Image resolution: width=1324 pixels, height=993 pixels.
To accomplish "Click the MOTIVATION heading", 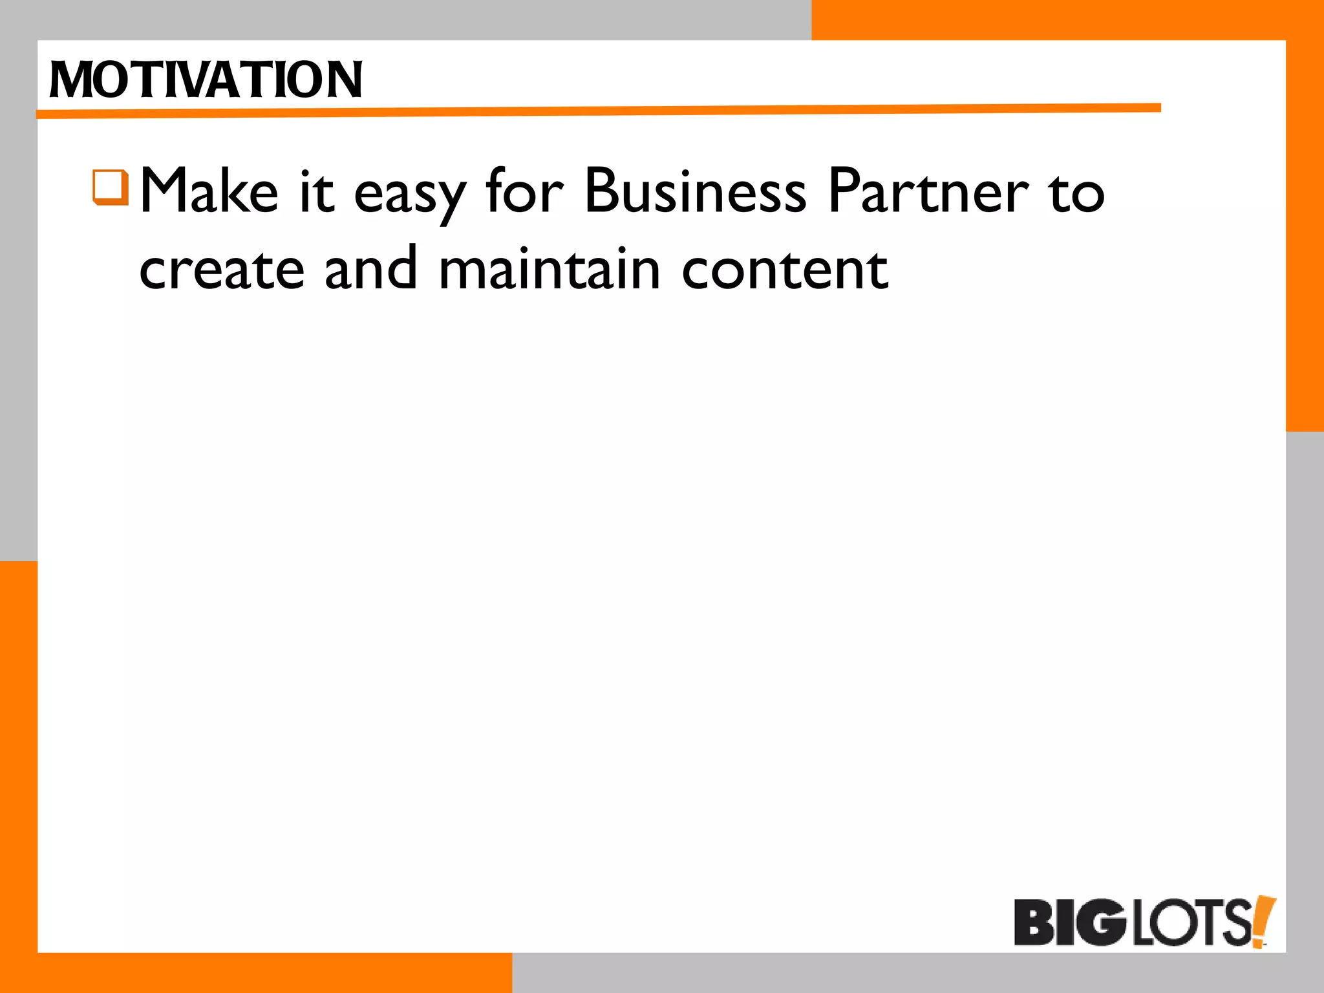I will click(206, 80).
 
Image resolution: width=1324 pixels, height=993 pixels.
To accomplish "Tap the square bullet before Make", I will click(111, 187).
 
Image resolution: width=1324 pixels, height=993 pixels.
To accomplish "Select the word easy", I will click(410, 194).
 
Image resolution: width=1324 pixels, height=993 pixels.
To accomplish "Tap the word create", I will click(222, 270).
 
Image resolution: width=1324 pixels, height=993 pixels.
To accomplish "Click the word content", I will click(785, 270).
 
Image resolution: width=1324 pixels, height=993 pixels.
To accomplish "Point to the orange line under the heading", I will click(598, 111).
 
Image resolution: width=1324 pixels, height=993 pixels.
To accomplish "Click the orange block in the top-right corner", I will click(1067, 19).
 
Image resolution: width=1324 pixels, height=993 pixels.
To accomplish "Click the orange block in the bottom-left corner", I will click(18, 776).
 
